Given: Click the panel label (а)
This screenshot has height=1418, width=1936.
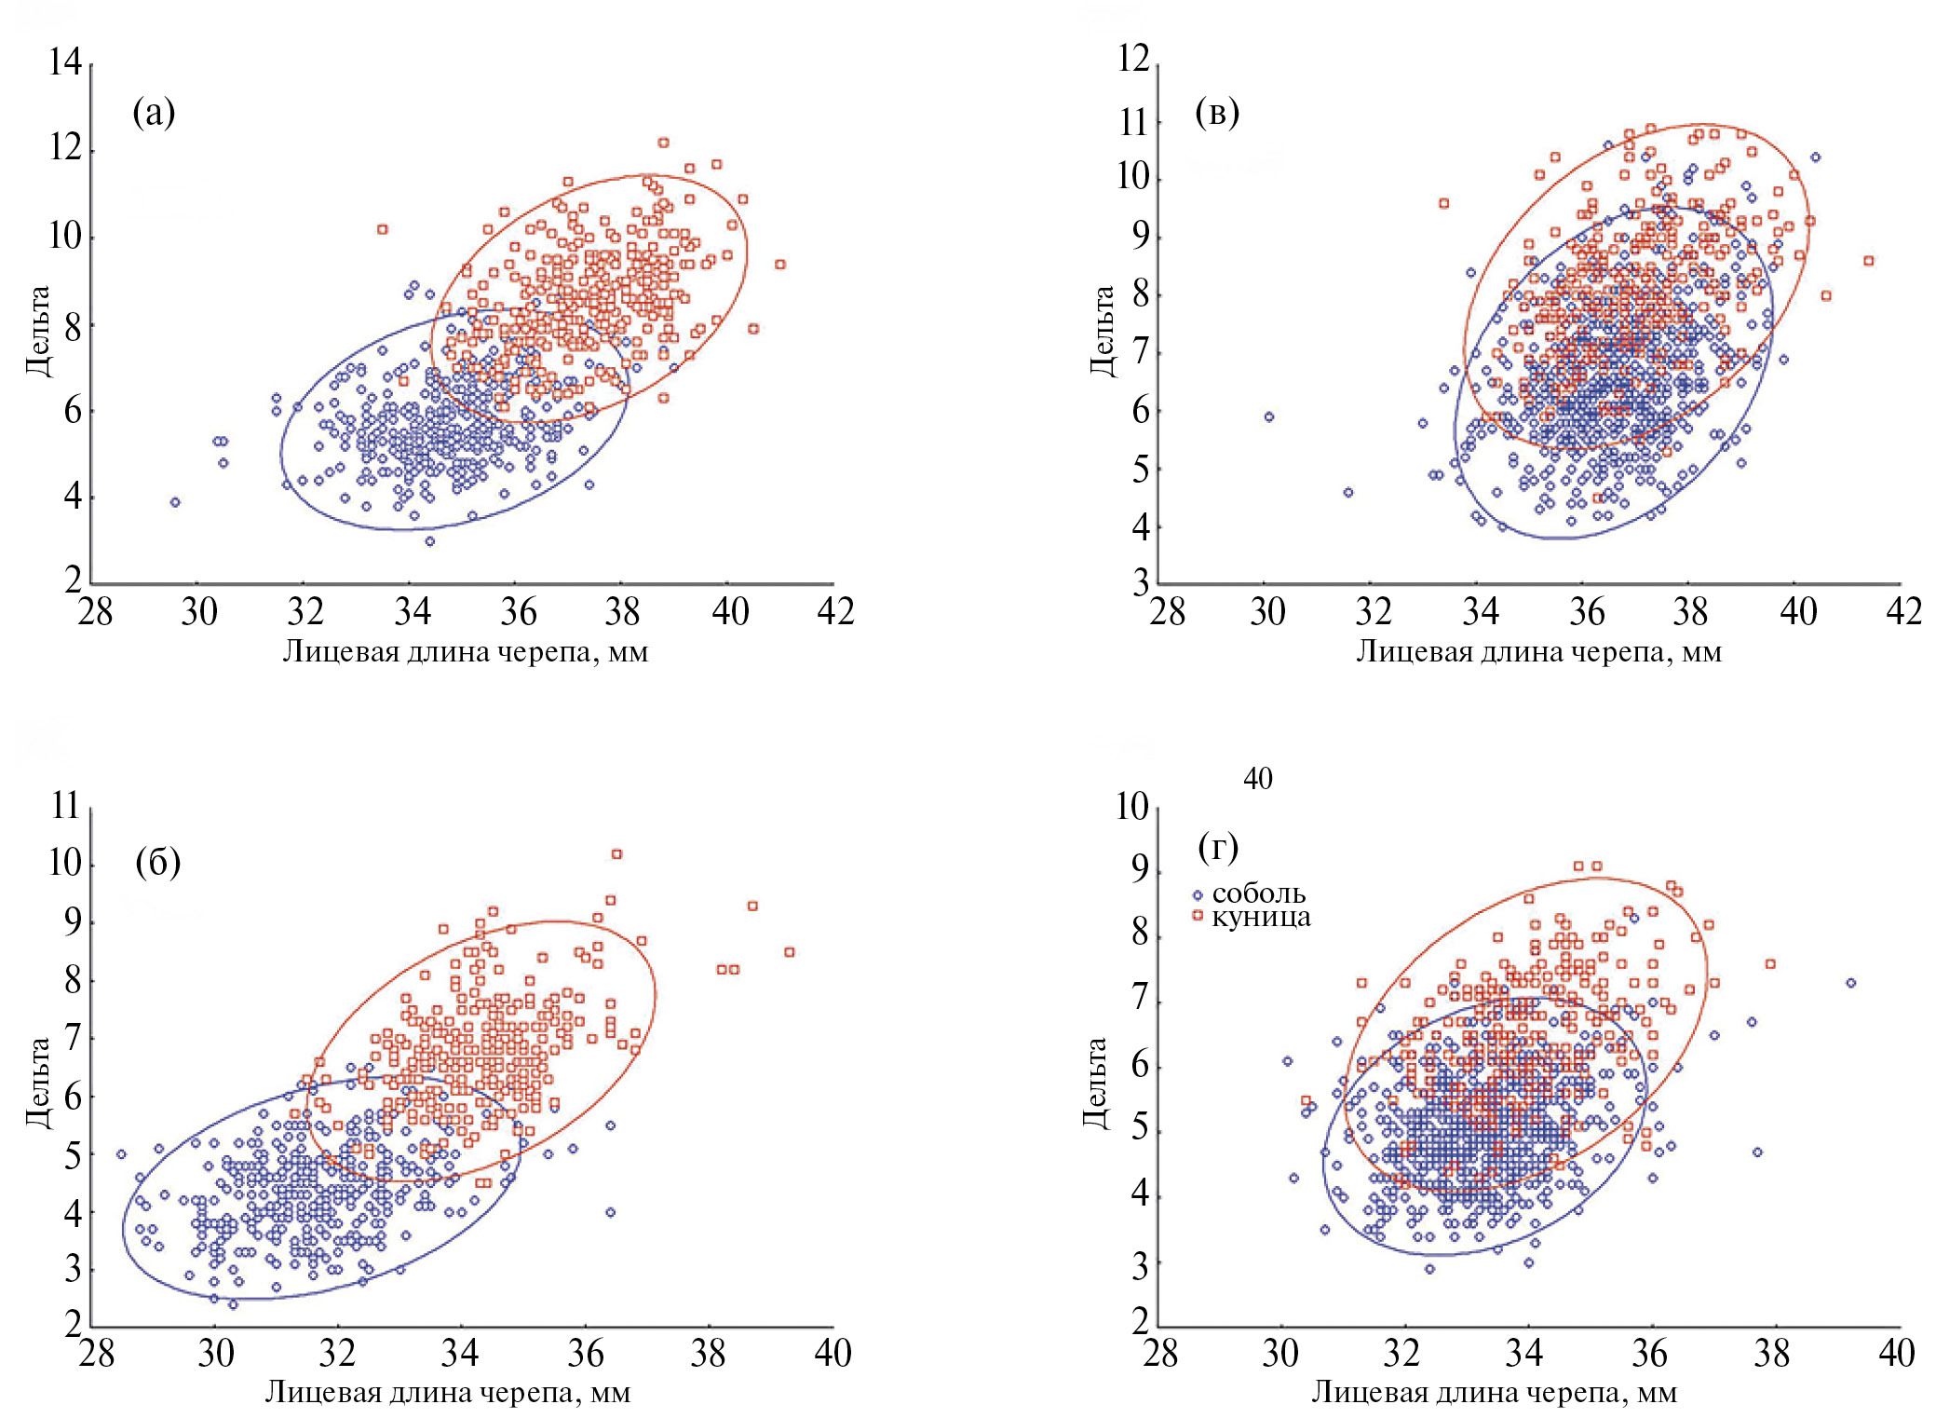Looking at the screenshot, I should (x=154, y=113).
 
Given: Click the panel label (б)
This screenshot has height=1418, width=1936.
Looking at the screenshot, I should (x=157, y=862).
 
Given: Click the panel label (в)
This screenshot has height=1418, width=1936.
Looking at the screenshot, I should (x=1216, y=113).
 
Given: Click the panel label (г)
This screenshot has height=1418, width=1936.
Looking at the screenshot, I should (x=1218, y=847).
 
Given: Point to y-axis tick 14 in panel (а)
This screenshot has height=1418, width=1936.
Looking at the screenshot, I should (x=66, y=63).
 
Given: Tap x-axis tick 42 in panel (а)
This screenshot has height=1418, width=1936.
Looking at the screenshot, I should (x=835, y=612).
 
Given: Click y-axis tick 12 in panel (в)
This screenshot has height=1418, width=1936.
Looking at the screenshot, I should (x=1133, y=59).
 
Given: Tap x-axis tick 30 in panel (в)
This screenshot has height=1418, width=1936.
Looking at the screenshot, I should (x=1267, y=612).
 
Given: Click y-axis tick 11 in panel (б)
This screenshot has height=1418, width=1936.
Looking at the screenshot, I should (x=66, y=806).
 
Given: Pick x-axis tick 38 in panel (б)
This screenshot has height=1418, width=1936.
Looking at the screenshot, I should (x=708, y=1354).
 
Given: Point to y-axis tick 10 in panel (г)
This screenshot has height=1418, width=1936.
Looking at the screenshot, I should (x=1132, y=807).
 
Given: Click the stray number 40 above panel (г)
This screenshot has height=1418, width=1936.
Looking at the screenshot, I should (x=1257, y=779).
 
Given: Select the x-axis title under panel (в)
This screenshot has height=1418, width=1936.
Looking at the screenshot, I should (x=1538, y=651).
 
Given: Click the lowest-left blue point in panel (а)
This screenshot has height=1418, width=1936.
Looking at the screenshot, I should (x=174, y=502).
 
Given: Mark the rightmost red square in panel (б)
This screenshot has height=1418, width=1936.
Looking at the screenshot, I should (x=789, y=952).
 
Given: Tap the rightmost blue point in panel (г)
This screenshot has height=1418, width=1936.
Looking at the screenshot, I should (x=1850, y=983).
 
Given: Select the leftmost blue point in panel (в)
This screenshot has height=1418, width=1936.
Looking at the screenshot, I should (x=1268, y=416).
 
